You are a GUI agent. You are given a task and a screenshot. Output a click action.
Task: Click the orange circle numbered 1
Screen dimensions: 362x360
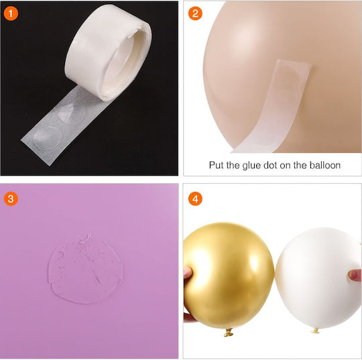[x=11, y=13]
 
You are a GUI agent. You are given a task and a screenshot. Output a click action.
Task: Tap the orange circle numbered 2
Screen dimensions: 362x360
[x=195, y=13]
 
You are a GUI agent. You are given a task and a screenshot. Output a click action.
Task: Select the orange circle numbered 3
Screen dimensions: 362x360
[x=11, y=198]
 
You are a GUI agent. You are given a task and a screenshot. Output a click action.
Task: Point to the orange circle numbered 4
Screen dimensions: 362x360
[x=195, y=198]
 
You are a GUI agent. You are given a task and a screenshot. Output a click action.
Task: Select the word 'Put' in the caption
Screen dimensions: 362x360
[x=217, y=166]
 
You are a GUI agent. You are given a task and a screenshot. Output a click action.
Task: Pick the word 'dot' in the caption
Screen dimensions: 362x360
[x=271, y=166]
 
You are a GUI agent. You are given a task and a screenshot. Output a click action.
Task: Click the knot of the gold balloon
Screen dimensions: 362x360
[x=229, y=333]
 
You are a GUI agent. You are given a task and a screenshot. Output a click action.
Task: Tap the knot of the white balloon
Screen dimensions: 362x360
[x=315, y=331]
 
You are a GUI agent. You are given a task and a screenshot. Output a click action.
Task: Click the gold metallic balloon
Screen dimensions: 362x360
[x=229, y=276]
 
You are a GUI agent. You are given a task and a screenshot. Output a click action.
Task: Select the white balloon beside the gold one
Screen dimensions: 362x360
[x=318, y=278]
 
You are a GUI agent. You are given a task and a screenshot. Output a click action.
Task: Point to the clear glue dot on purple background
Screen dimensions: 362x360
[x=85, y=268]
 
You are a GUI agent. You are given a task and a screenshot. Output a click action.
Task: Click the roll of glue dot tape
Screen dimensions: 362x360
[x=109, y=52]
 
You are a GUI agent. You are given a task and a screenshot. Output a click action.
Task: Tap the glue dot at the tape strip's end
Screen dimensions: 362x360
[x=48, y=137]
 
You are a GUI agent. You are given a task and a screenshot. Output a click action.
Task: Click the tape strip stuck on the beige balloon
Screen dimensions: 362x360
[x=272, y=106]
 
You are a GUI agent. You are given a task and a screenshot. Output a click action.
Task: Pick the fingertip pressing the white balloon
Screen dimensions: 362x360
[x=355, y=276]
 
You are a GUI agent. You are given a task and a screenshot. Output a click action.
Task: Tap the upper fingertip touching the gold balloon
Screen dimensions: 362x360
[x=188, y=272]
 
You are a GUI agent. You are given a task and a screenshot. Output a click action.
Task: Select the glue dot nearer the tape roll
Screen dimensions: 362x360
[x=72, y=113]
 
